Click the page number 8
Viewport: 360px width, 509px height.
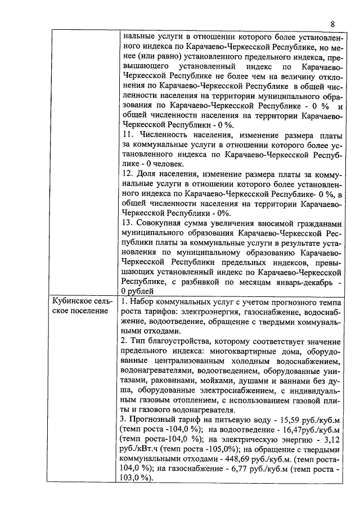[x=332, y=24]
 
